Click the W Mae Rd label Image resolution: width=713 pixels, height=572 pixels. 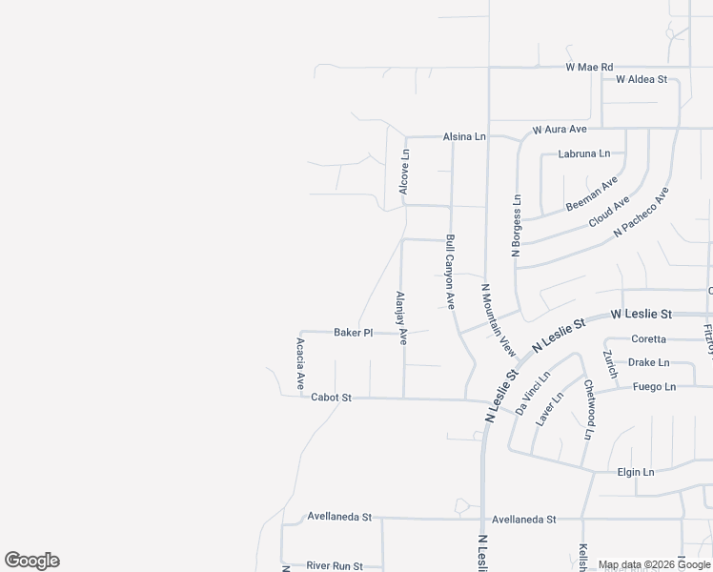click(589, 68)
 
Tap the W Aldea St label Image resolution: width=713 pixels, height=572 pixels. click(642, 80)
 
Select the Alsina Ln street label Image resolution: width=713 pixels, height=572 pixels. click(464, 137)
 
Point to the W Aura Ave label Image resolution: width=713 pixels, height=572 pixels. click(560, 129)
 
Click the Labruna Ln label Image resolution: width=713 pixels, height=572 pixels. click(584, 153)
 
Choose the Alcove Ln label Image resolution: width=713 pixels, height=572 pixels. click(405, 173)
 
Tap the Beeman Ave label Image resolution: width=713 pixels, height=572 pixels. click(592, 194)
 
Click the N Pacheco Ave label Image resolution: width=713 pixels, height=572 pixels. click(642, 211)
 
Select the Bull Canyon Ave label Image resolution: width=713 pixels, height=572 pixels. click(449, 272)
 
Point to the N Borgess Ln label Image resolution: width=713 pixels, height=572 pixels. click(517, 227)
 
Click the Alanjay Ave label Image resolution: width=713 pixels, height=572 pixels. click(401, 317)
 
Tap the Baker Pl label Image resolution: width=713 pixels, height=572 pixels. click(353, 333)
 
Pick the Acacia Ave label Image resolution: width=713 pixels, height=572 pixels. click(300, 363)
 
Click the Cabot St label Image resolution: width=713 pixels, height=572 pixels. click(332, 398)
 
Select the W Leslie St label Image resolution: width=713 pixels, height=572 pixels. click(642, 314)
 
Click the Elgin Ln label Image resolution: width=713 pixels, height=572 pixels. click(636, 472)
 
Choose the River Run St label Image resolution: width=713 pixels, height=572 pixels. click(335, 566)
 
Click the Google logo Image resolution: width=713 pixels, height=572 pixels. click(32, 561)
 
